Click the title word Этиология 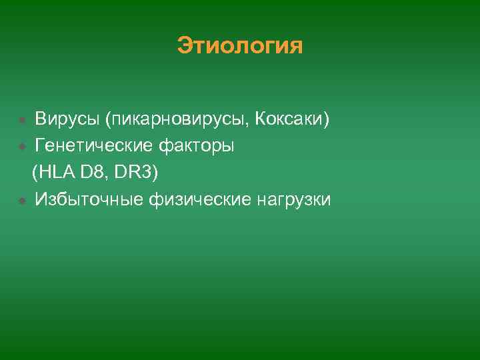[x=240, y=46]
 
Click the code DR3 [x=133, y=173]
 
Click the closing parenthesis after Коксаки [x=327, y=120]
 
